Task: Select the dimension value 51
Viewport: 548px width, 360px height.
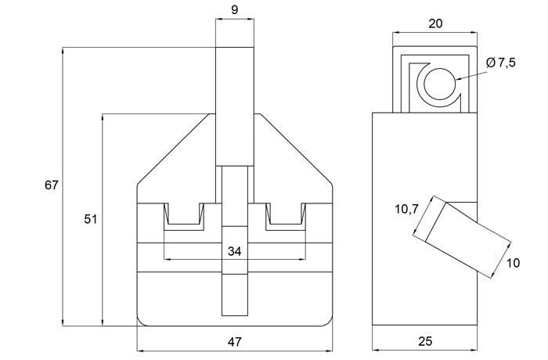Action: [x=91, y=220]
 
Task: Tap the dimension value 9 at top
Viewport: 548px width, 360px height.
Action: [x=235, y=12]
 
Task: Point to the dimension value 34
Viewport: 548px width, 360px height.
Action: [x=235, y=251]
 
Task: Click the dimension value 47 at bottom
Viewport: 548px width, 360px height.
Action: [x=235, y=342]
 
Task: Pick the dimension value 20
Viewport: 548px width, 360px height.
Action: [x=436, y=23]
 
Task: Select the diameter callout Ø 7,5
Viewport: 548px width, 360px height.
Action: [x=500, y=63]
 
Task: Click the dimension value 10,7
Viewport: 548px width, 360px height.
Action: [x=406, y=208]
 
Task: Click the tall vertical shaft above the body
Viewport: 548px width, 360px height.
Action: [x=235, y=106]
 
